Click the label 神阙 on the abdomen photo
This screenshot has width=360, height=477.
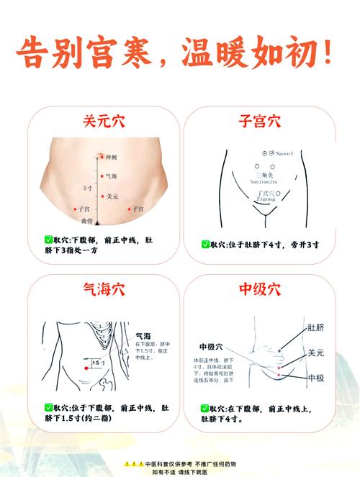click(x=111, y=156)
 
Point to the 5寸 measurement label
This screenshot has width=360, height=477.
click(x=87, y=188)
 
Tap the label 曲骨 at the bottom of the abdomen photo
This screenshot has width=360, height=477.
click(x=86, y=221)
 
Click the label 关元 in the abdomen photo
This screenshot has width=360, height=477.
click(x=112, y=196)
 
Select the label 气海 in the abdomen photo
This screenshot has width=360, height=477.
click(x=112, y=176)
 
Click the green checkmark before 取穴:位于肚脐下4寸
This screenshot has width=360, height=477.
click(x=206, y=244)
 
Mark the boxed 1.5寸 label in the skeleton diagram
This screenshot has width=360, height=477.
click(x=96, y=363)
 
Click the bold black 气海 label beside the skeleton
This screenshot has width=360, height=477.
click(x=143, y=336)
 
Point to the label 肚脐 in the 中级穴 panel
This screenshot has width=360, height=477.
click(x=315, y=327)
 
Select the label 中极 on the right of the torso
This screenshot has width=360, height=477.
click(x=315, y=377)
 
